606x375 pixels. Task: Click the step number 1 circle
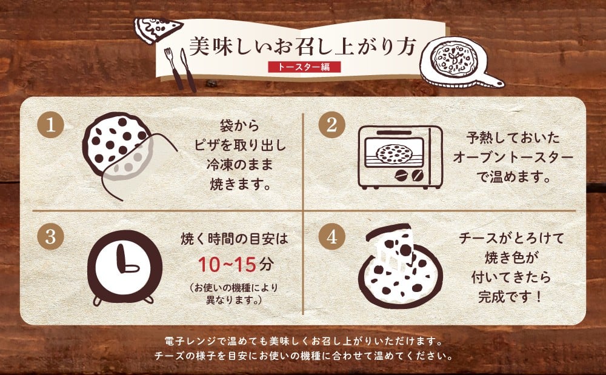point(50,125)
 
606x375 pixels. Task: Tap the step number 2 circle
point(331,125)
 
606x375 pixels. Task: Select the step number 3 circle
point(50,236)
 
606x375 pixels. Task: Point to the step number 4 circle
point(331,236)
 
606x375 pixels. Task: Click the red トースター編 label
point(305,67)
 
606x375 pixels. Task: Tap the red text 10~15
point(227,265)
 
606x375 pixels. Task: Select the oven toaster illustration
point(400,157)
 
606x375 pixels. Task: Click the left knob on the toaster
point(401,176)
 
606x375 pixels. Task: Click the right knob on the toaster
point(418,176)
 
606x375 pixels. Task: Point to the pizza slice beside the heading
point(158,29)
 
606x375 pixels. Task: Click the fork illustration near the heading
point(173,68)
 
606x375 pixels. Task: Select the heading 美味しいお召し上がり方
point(303,47)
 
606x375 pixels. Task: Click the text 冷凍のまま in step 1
point(239,165)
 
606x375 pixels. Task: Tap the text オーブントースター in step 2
point(513,158)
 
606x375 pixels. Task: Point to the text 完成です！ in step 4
point(510,297)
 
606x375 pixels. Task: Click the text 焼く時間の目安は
point(235,239)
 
